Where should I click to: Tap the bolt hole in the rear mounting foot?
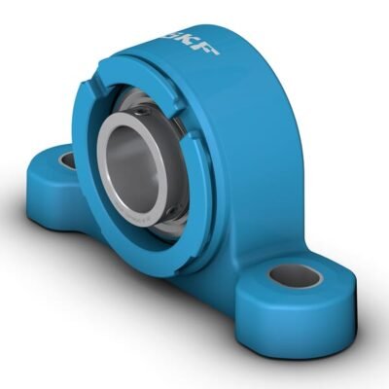point(67,159)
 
